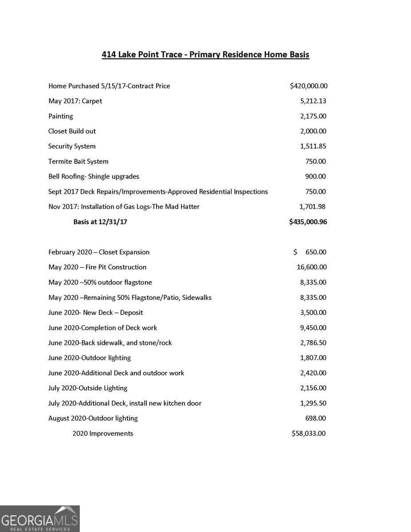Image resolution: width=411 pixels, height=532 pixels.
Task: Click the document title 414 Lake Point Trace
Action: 205,55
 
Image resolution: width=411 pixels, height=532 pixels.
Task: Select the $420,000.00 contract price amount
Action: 309,86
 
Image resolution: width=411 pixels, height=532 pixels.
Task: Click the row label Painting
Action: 61,116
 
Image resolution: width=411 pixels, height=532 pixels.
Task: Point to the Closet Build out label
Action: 72,131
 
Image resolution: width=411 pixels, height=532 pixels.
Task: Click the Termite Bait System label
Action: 78,161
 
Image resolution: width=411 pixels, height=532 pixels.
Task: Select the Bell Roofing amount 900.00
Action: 316,176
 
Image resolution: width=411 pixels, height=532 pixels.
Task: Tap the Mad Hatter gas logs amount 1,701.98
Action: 313,207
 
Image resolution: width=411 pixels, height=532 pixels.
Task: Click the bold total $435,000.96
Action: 308,222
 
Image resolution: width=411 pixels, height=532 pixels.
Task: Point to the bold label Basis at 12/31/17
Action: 100,222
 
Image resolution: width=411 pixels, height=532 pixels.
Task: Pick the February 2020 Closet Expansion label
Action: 99,252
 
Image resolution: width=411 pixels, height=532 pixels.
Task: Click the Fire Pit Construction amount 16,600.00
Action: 311,267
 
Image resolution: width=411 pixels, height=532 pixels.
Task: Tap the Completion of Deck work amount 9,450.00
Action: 313,328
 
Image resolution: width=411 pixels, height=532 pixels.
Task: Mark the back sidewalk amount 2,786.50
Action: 313,343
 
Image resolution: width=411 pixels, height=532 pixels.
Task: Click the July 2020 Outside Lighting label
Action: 88,388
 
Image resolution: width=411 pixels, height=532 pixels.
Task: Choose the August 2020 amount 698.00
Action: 316,418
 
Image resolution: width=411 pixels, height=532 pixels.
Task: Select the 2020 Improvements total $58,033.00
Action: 309,433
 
